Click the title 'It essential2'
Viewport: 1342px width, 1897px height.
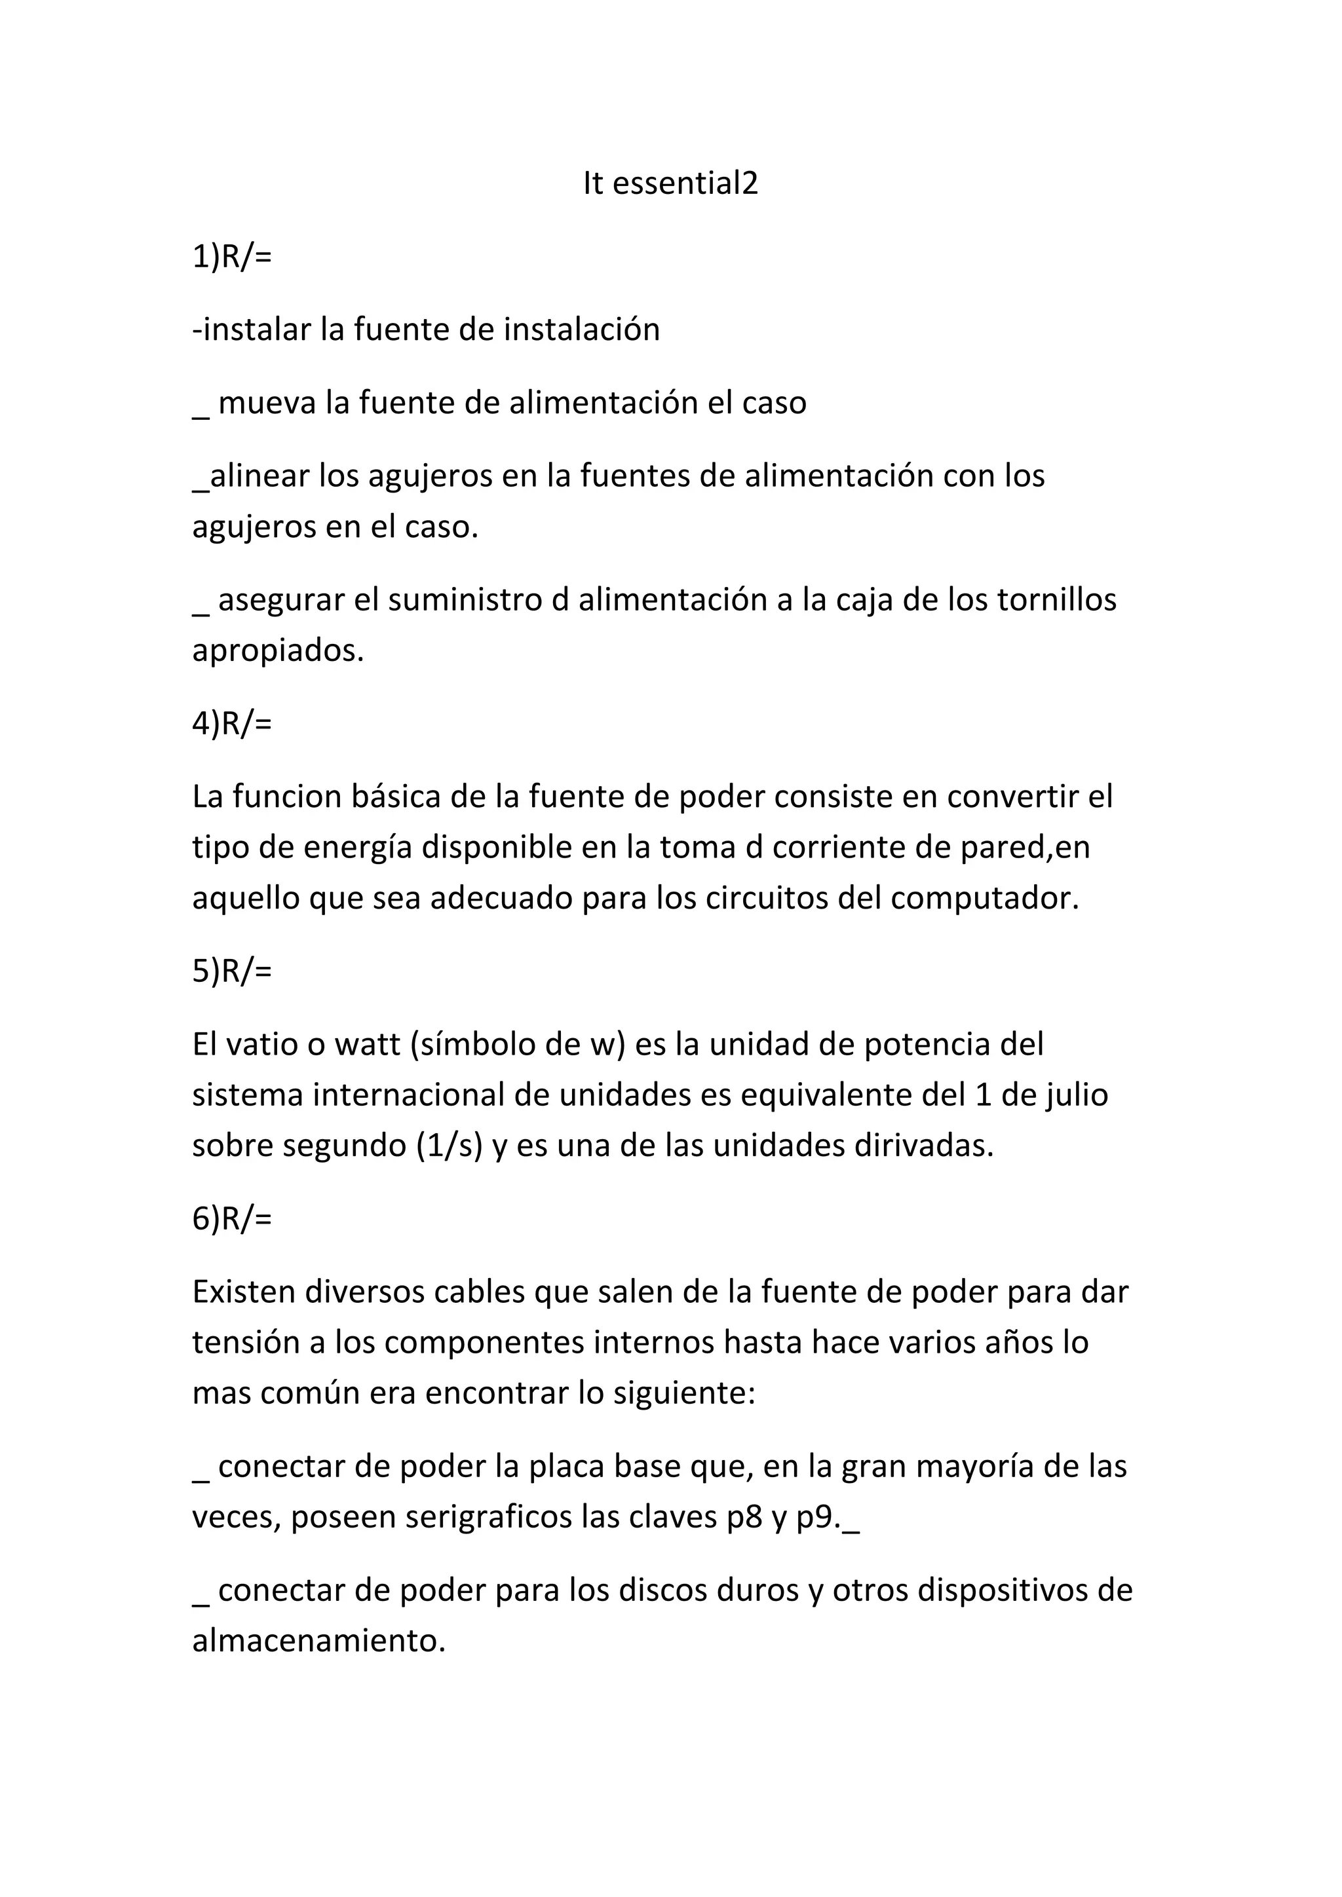coord(670,183)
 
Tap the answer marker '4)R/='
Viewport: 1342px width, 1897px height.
coord(231,724)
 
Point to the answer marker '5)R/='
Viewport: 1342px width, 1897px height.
coord(231,971)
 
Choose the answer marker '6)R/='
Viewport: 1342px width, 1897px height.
coord(231,1218)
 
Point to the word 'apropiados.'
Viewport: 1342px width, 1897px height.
coord(278,651)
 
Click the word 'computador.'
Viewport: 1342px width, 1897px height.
coord(985,898)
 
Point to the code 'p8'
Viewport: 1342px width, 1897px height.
coord(744,1518)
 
